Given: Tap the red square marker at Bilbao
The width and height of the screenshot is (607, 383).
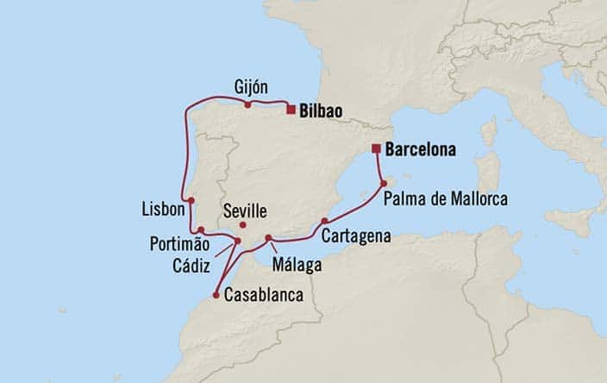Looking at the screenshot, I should tap(291, 110).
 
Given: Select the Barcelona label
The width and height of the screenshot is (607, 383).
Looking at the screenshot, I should tap(420, 149).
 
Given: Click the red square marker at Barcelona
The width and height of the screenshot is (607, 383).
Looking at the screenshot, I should tap(376, 148).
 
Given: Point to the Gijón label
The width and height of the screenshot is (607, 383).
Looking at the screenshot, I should tap(251, 87).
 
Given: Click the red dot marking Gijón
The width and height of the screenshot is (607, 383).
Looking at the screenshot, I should tap(247, 105).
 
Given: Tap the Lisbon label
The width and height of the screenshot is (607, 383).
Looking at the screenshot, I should tap(163, 209).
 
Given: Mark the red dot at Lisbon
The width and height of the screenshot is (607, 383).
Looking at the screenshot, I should tap(191, 200).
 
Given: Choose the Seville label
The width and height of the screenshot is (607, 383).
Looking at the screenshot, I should tap(244, 210).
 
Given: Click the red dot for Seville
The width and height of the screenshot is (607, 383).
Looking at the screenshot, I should tap(242, 225).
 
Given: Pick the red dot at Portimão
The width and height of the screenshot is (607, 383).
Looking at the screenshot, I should tap(200, 229).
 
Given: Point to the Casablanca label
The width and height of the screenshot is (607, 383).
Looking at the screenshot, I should tap(263, 295).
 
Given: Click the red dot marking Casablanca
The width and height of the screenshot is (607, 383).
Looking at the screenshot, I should tap(215, 295).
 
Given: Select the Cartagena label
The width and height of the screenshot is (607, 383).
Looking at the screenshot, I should tap(356, 235).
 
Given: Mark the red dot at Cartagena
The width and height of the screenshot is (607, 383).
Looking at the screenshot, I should tap(323, 220).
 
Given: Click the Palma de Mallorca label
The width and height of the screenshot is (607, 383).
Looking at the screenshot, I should tap(446, 200).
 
